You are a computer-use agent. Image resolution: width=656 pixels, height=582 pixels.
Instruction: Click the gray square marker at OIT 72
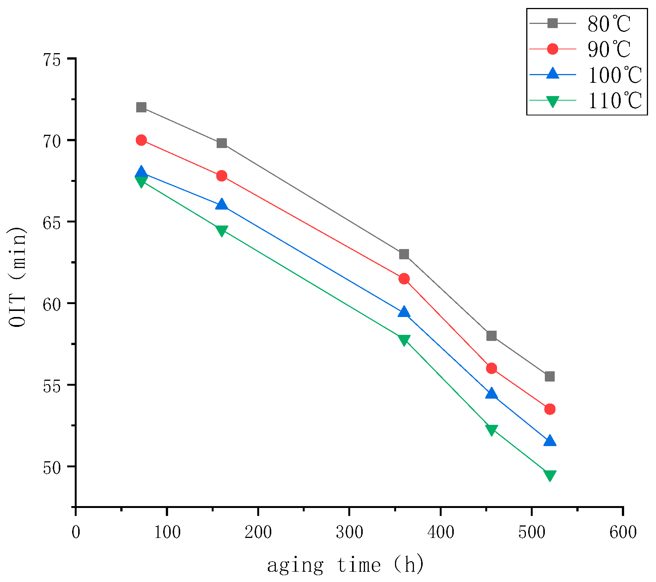[x=141, y=107]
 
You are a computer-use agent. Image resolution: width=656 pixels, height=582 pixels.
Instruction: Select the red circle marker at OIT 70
[x=141, y=140]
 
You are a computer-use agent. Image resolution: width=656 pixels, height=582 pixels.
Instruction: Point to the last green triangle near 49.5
[x=550, y=475]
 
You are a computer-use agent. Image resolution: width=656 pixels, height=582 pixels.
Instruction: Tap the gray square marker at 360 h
[x=404, y=254]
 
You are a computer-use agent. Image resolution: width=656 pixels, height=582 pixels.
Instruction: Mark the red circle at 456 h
[x=491, y=368]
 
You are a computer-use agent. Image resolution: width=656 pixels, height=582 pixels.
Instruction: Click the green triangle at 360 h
[x=404, y=340]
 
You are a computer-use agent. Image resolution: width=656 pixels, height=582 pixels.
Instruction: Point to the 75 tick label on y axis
[x=52, y=60]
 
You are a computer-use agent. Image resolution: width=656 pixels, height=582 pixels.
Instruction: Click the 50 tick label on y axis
[x=52, y=467]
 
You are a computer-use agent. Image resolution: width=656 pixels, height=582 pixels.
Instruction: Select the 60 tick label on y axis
[x=52, y=304]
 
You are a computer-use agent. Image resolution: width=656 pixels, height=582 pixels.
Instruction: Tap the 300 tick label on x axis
[x=349, y=532]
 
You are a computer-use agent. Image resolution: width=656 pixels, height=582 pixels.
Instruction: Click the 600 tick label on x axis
[x=623, y=532]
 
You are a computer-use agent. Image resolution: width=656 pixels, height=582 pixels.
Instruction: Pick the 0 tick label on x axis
[x=76, y=532]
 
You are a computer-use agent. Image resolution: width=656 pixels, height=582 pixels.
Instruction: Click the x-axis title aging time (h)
[x=345, y=565]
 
